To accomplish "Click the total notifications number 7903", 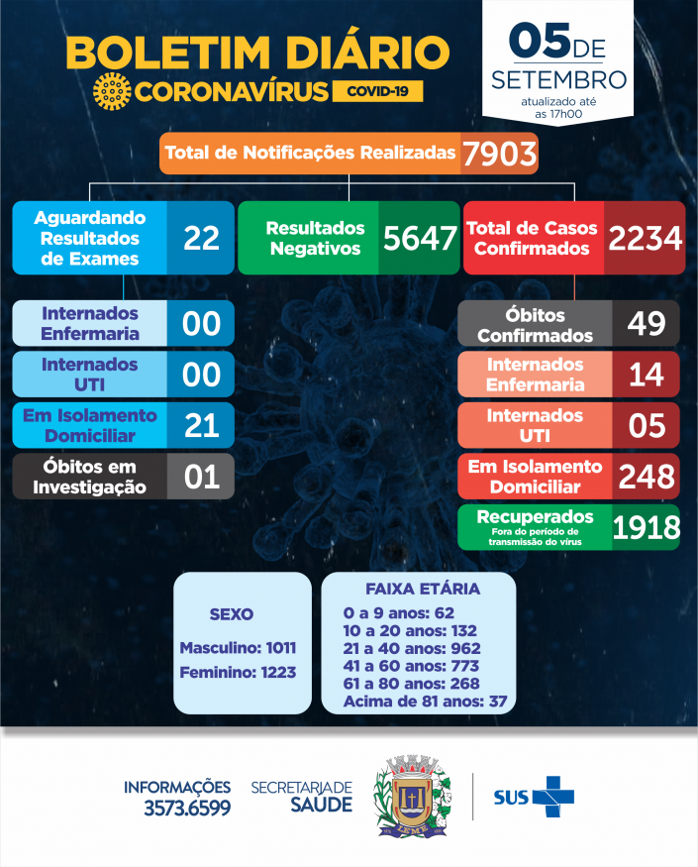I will [x=498, y=154].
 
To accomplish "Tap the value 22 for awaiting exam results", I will [x=201, y=238].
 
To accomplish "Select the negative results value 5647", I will [x=417, y=238].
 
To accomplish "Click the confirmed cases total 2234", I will [x=645, y=238].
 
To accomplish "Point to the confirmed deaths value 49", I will [x=646, y=323].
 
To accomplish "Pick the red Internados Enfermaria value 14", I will [x=646, y=375].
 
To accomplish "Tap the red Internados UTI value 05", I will [x=646, y=425].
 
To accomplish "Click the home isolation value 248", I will [x=646, y=477].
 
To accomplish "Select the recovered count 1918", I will [x=646, y=526].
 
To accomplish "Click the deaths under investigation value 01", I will [x=201, y=477].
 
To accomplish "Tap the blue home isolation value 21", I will [x=201, y=425].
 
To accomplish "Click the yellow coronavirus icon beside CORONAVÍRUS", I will [x=111, y=91].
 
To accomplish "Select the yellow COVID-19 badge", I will [x=378, y=91].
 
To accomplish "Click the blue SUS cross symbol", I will [x=552, y=796].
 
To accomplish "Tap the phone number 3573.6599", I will [x=185, y=808].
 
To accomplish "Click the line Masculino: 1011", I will [x=238, y=648].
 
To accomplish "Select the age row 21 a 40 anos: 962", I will [x=410, y=648].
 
